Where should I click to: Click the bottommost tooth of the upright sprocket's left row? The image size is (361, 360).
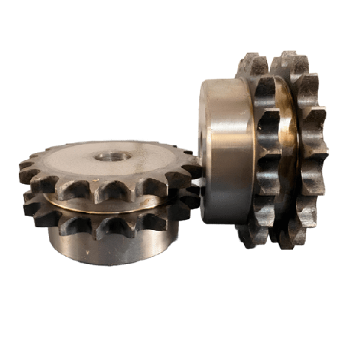[x=249, y=234]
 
